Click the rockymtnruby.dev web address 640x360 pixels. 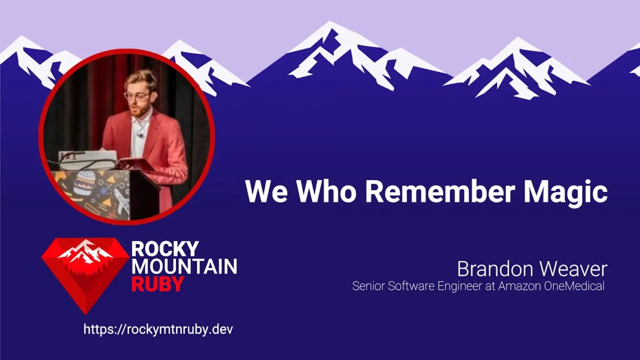(x=158, y=329)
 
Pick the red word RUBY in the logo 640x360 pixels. (x=157, y=284)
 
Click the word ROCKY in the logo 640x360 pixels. (x=165, y=249)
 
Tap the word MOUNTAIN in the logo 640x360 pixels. (x=184, y=266)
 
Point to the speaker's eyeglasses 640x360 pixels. (x=136, y=95)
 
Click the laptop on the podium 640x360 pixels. (x=88, y=160)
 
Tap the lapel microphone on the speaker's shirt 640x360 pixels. (x=140, y=135)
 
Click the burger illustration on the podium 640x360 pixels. (x=82, y=183)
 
